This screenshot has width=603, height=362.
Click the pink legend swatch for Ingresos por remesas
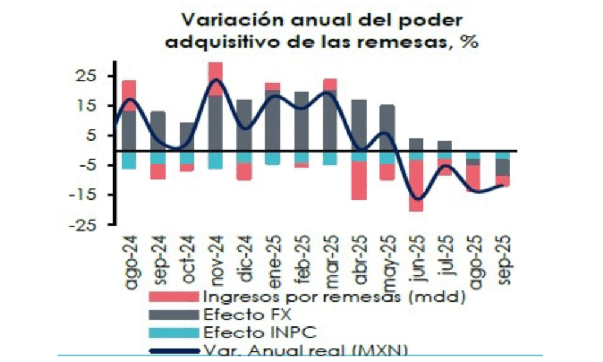(x=173, y=297)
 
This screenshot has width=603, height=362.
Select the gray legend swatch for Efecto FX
(x=173, y=314)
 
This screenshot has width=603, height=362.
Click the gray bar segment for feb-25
(x=301, y=121)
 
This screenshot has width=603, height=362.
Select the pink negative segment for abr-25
(x=359, y=180)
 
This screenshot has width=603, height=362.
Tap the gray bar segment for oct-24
(x=187, y=136)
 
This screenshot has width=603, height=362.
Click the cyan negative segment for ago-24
(x=130, y=160)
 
